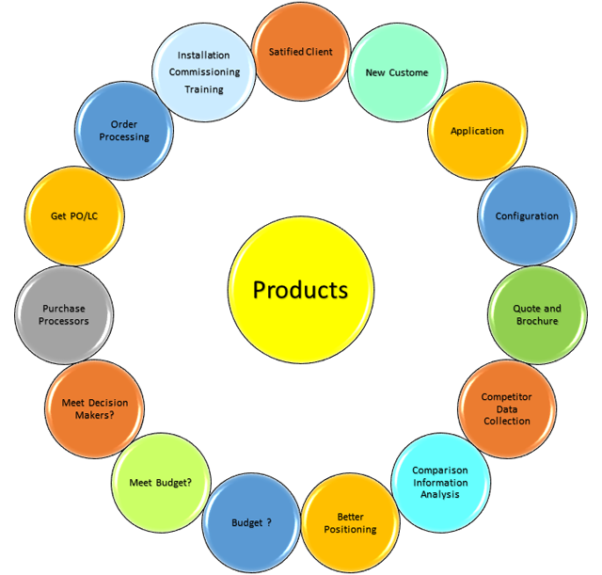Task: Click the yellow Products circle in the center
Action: pyautogui.click(x=300, y=289)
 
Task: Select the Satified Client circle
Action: pyautogui.click(x=301, y=51)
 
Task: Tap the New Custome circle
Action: pyautogui.click(x=396, y=72)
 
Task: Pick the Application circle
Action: pyautogui.click(x=477, y=131)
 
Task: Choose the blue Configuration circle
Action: pyautogui.click(x=527, y=216)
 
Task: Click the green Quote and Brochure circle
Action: pyautogui.click(x=537, y=314)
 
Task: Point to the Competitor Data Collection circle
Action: pyautogui.click(x=507, y=408)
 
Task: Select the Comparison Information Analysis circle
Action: pyautogui.click(x=439, y=481)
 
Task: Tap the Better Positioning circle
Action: pyautogui.click(x=350, y=522)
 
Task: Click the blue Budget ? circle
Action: pyautogui.click(x=251, y=522)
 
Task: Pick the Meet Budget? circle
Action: pyautogui.click(x=160, y=483)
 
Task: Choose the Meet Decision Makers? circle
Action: pyautogui.click(x=94, y=408)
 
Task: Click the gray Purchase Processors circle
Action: pyautogui.click(x=64, y=314)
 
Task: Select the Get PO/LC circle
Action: pyautogui.click(x=74, y=216)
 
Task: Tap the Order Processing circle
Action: pyautogui.click(x=124, y=131)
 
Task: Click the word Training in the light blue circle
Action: pyautogui.click(x=204, y=89)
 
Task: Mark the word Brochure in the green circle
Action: pyautogui.click(x=537, y=321)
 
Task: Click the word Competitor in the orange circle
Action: pyautogui.click(x=507, y=397)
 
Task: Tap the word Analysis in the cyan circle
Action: pyautogui.click(x=439, y=493)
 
